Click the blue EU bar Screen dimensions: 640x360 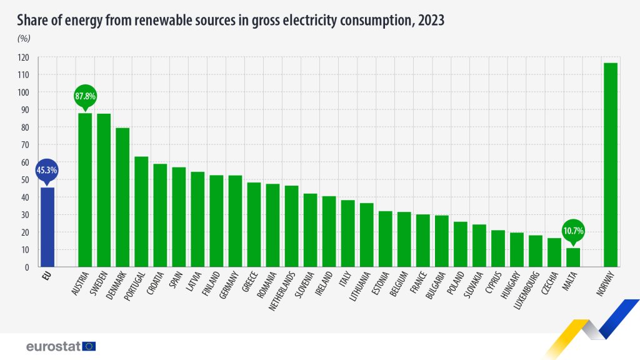[x=47, y=227]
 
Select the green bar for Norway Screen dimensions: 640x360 [x=611, y=165]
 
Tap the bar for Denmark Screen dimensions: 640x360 [x=122, y=197]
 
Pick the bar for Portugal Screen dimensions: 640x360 [x=141, y=212]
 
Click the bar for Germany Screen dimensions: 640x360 [x=235, y=221]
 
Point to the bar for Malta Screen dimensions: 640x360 [x=573, y=257]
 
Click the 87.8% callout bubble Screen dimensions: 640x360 [x=85, y=97]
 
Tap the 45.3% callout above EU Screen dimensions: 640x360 [x=47, y=170]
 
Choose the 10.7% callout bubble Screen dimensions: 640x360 [x=573, y=231]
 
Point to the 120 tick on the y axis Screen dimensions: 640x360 [x=24, y=57]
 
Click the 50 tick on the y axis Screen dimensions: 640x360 [x=25, y=180]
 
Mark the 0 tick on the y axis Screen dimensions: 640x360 [x=27, y=267]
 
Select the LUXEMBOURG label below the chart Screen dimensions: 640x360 [x=527, y=290]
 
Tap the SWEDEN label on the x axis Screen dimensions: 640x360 [x=99, y=283]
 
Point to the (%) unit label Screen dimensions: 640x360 [x=24, y=38]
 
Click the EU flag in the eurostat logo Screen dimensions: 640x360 [x=89, y=346]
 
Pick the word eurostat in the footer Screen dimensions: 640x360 [x=54, y=346]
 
